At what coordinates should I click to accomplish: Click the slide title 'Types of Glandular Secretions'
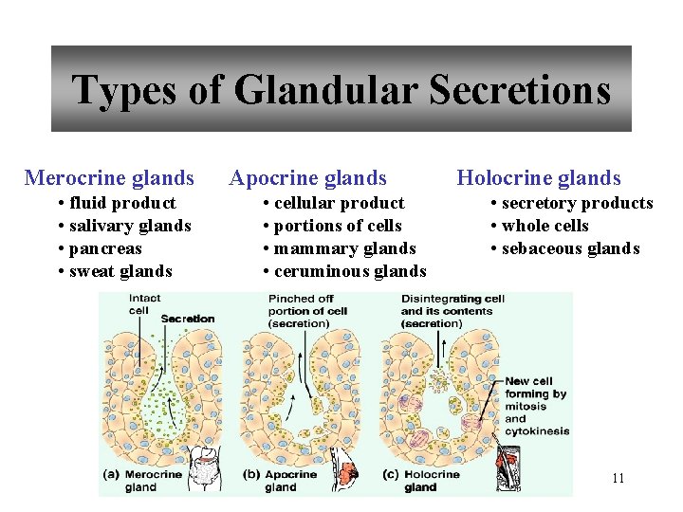pyautogui.click(x=341, y=90)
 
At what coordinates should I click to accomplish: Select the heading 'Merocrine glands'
pyautogui.click(x=109, y=178)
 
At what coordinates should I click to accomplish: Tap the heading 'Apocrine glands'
pyautogui.click(x=308, y=178)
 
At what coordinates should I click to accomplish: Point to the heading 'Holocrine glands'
pyautogui.click(x=539, y=178)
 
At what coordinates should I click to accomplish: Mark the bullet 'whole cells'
pyautogui.click(x=545, y=226)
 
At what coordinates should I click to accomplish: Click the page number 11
pyautogui.click(x=618, y=478)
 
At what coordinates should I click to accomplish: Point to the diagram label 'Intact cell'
pyautogui.click(x=144, y=303)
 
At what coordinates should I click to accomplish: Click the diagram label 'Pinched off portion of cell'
pyautogui.click(x=308, y=311)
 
